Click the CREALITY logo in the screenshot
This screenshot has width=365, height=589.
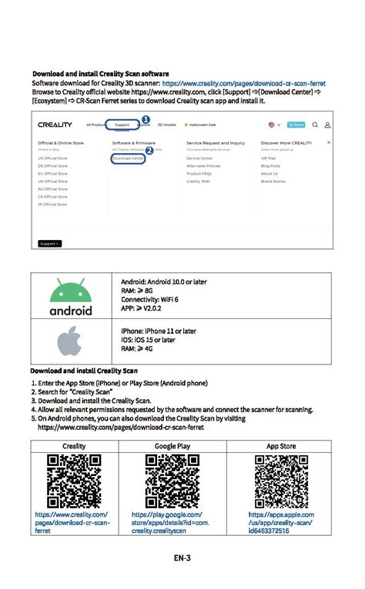point(55,125)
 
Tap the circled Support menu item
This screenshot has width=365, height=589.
point(122,125)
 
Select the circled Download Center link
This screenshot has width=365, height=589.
point(128,158)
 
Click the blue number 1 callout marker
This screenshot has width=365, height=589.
point(145,119)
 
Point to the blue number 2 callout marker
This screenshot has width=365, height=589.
point(149,151)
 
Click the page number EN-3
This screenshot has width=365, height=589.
point(182,557)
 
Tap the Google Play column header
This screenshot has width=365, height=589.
point(172,446)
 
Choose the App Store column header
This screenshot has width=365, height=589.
point(280,446)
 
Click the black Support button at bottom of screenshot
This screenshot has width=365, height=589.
point(49,243)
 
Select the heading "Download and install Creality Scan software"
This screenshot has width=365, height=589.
point(100,74)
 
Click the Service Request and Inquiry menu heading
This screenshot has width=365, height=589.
point(216,143)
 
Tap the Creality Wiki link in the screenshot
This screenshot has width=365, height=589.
point(199,181)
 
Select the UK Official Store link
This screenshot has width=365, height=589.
point(52,181)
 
